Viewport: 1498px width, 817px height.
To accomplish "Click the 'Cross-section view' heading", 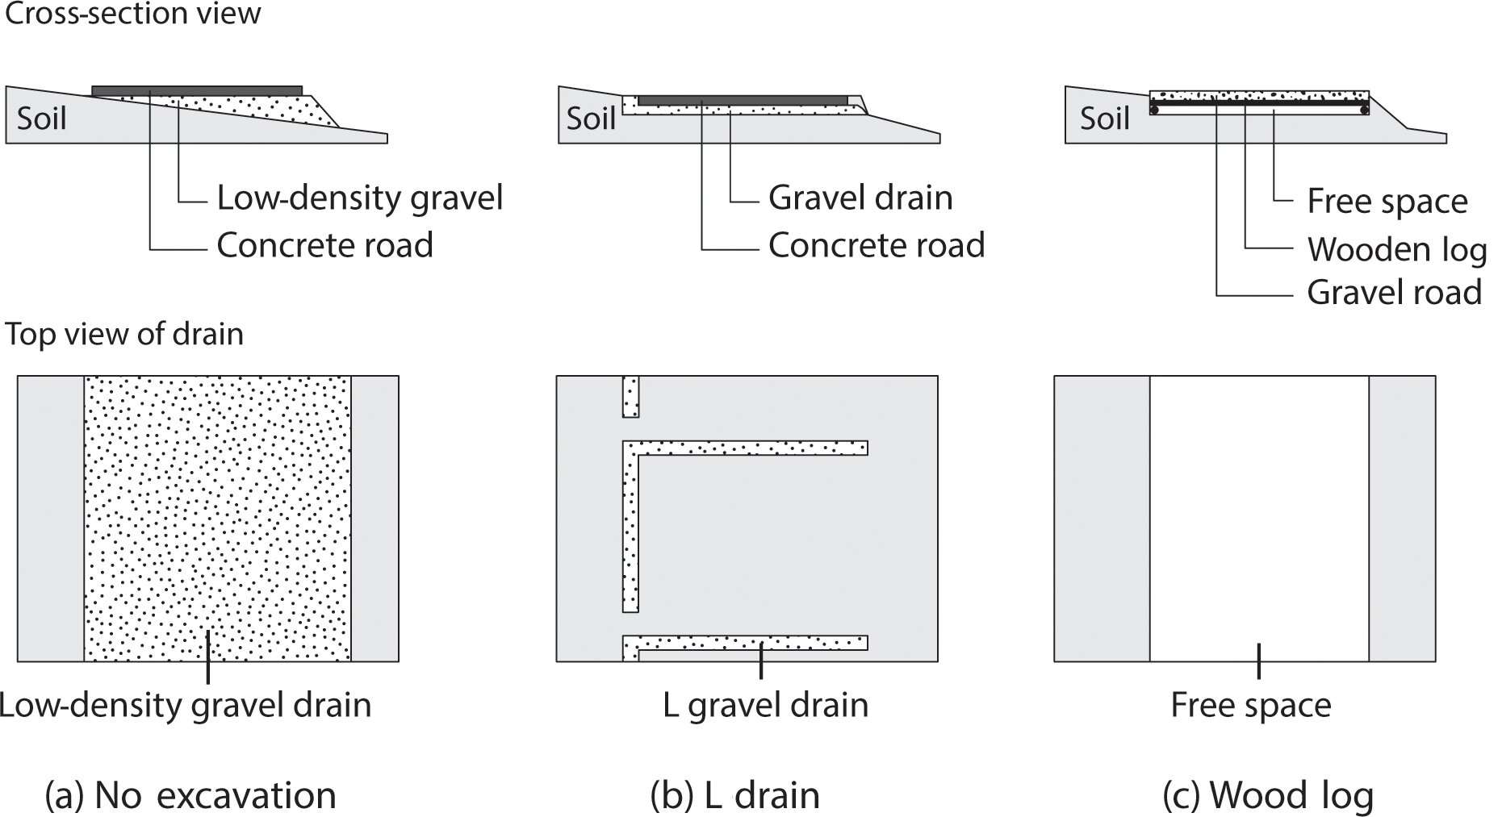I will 133,14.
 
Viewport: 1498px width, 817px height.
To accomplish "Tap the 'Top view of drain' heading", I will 124,334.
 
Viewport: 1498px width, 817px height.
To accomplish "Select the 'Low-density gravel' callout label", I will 359,198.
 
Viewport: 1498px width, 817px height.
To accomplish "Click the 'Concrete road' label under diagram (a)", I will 324,245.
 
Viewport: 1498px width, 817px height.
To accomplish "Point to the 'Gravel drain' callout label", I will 860,198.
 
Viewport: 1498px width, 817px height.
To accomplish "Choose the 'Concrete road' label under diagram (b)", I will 877,245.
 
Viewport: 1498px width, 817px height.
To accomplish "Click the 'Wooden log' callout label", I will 1396,249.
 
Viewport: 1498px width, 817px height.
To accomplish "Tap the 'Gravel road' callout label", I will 1394,292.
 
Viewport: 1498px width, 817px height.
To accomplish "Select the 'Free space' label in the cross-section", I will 1387,202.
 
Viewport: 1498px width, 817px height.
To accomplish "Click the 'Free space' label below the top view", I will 1250,706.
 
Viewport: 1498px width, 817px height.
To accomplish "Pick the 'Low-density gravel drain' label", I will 186,706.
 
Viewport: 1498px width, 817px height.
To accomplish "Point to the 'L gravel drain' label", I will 765,706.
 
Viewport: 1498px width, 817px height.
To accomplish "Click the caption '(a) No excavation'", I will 190,796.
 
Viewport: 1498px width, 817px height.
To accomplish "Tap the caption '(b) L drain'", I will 734,796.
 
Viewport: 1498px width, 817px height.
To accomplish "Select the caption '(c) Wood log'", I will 1267,796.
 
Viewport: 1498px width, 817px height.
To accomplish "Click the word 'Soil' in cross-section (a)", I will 41,119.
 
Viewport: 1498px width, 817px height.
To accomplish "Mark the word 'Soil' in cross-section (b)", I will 591,119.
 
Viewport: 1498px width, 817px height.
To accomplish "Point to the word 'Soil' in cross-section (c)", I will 1104,119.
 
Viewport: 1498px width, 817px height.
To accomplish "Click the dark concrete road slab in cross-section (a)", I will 197,90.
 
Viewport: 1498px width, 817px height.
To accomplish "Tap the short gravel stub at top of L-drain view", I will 630,396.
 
